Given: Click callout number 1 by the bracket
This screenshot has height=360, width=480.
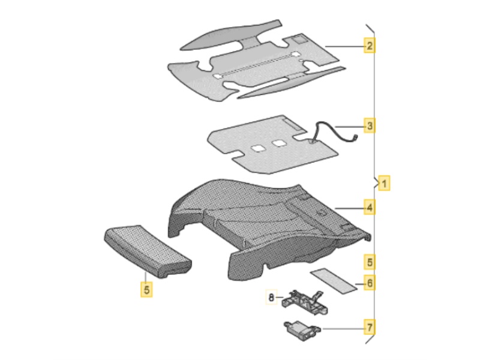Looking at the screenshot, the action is [x=384, y=183].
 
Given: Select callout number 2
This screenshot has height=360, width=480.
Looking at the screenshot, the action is [x=370, y=46].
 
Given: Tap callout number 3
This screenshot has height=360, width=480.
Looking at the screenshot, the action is [x=370, y=125].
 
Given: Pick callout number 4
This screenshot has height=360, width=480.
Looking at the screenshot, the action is [x=370, y=207].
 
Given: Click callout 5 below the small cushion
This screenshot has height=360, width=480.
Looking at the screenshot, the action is [x=146, y=289].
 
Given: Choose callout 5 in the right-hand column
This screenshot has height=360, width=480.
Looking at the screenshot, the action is [x=370, y=262].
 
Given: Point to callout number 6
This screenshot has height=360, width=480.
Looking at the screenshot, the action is [x=370, y=283].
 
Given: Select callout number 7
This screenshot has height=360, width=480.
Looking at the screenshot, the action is [x=370, y=327].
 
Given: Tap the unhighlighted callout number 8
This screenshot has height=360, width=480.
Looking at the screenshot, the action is [x=271, y=297].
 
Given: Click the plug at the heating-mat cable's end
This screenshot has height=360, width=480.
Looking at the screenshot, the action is [x=355, y=138].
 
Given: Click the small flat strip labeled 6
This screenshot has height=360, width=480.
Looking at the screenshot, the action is [x=334, y=281].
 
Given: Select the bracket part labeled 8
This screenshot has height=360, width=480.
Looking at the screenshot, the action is [x=304, y=302].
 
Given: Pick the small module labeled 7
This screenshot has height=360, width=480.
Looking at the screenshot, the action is [x=302, y=330].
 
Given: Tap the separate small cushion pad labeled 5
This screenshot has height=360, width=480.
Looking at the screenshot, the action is [x=148, y=251].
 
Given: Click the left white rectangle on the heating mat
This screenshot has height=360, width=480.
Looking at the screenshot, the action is [x=258, y=148].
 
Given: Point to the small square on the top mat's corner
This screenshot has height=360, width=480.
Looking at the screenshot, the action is [x=299, y=40].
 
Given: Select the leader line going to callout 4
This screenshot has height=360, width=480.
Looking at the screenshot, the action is [x=350, y=208].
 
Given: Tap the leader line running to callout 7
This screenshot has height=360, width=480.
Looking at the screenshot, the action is [x=343, y=329].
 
